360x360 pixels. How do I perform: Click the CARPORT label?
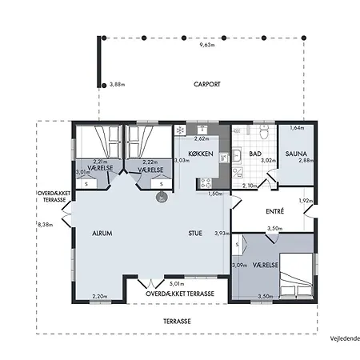206,84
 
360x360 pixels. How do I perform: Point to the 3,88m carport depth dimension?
116,84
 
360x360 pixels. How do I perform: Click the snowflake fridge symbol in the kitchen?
181,130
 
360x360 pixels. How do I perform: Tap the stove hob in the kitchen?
204,182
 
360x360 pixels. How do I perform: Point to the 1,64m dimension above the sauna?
297,128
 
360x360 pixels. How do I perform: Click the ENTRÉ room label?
276,211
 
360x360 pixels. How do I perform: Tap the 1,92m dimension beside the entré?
305,201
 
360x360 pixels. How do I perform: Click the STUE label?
195,234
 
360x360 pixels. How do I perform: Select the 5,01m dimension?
178,284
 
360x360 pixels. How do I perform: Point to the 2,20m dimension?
100,296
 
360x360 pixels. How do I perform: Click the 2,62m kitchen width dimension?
202,138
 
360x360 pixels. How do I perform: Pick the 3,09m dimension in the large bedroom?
238,265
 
